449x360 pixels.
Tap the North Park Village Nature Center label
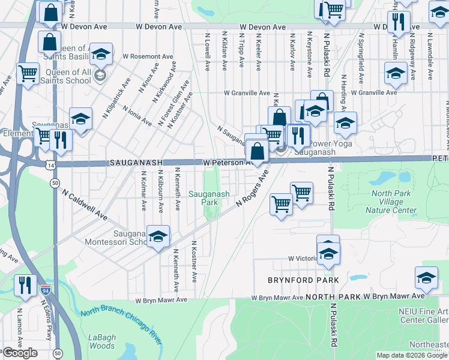394,202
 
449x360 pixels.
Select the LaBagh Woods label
102,341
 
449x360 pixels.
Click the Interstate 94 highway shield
46,290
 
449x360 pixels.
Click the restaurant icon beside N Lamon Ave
24,284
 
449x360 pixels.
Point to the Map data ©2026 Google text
412,355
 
